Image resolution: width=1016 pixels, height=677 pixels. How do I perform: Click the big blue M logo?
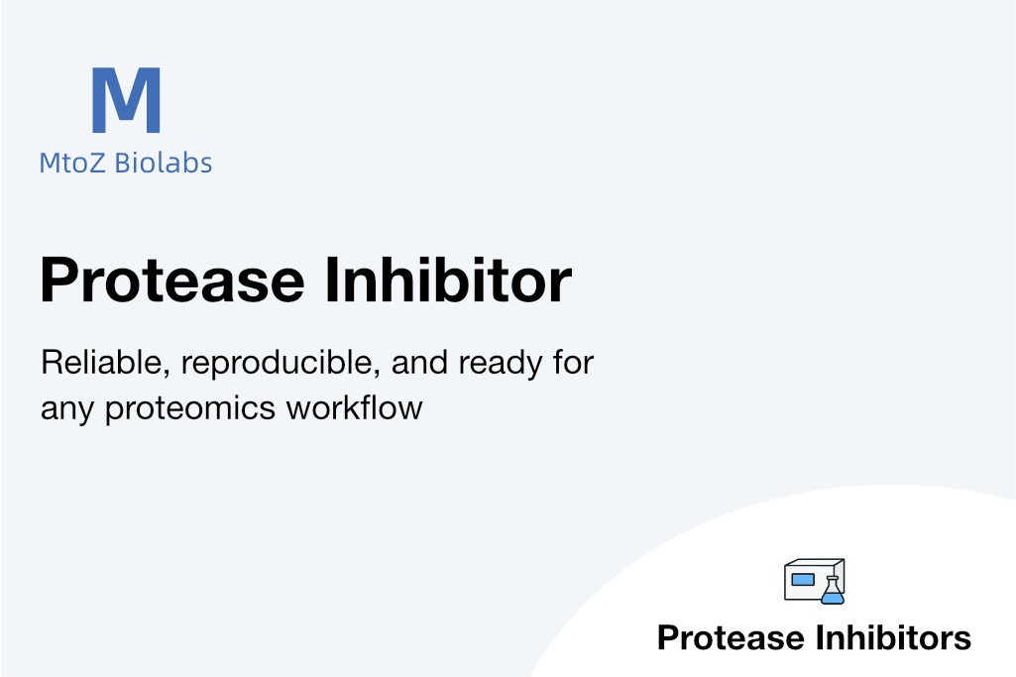click(x=126, y=100)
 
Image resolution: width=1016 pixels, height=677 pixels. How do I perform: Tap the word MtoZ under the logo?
click(x=72, y=163)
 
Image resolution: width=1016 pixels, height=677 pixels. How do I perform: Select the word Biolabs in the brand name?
click(x=164, y=162)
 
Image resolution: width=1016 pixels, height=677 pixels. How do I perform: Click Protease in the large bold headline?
click(x=172, y=281)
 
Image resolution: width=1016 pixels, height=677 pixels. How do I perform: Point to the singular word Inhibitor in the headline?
click(x=448, y=280)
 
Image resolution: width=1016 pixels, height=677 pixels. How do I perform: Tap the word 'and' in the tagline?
click(x=419, y=362)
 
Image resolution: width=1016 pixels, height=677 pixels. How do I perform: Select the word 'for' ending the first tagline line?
click(x=574, y=362)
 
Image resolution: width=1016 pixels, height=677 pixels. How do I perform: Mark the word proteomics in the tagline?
click(x=190, y=409)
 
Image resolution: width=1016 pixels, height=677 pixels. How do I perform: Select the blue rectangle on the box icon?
click(x=803, y=579)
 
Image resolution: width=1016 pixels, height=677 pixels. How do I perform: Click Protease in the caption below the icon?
click(x=733, y=637)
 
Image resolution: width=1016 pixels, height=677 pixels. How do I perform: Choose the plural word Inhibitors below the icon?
click(x=893, y=637)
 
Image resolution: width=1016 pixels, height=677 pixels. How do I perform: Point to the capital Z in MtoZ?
click(x=96, y=163)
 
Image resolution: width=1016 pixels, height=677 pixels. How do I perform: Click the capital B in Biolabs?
click(x=123, y=163)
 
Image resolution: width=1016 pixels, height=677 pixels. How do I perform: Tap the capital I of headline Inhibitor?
click(x=330, y=280)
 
